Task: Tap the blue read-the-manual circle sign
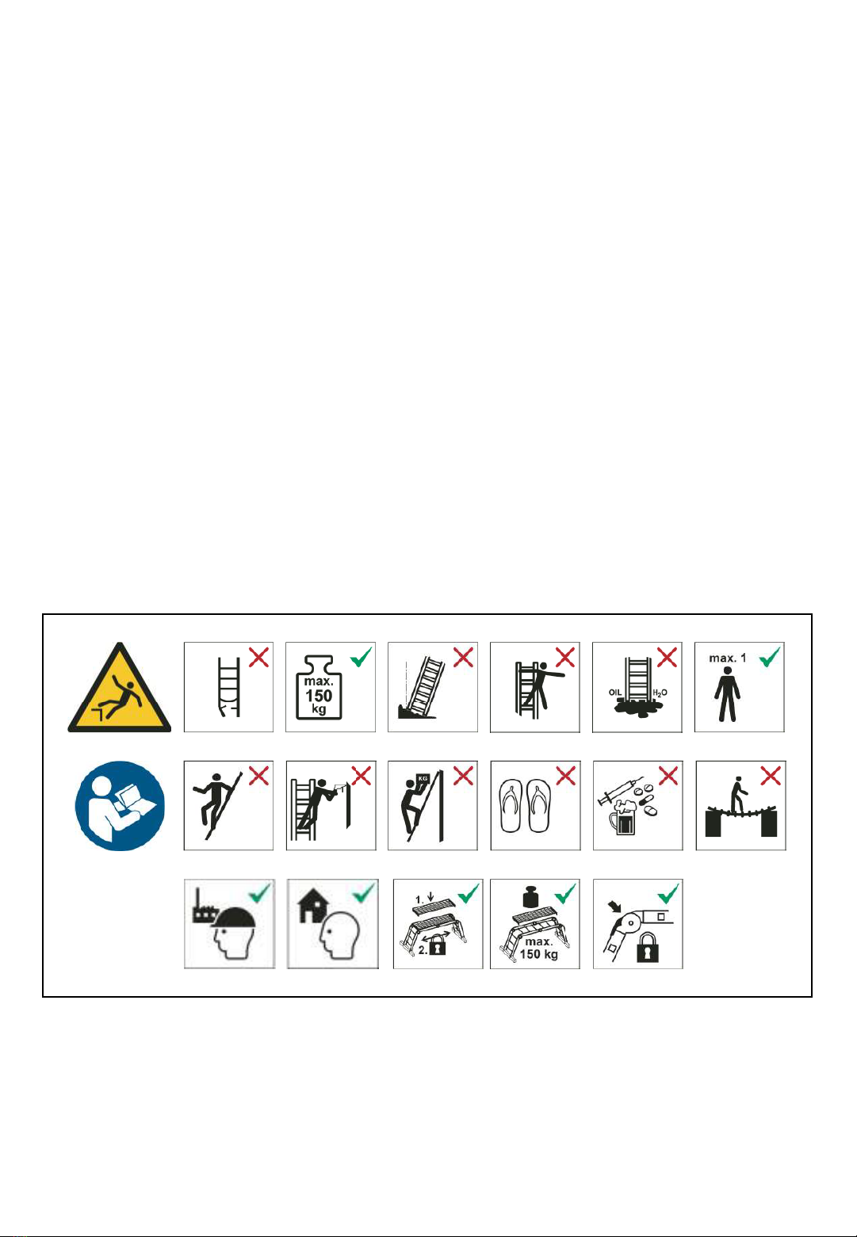(120, 806)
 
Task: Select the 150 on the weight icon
(319, 695)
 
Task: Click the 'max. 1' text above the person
(727, 658)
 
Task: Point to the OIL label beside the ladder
(615, 692)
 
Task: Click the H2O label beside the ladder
(660, 693)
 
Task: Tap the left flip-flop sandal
(513, 805)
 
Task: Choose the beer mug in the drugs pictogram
(622, 819)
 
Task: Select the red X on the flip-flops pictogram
(565, 776)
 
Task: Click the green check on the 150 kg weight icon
(362, 657)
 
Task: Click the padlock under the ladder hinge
(648, 948)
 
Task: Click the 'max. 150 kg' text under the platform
(538, 948)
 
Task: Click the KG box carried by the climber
(423, 779)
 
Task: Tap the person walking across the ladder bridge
(738, 796)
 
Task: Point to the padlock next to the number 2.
(438, 948)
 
